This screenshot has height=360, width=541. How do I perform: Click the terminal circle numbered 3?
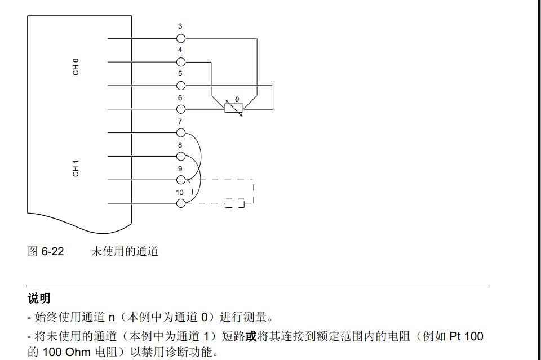point(181,38)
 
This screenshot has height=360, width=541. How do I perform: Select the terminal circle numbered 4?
point(181,62)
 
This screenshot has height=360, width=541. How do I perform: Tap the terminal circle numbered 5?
point(181,86)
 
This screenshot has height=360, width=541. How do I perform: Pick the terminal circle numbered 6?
point(181,109)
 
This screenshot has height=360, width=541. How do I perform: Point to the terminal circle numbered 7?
point(181,132)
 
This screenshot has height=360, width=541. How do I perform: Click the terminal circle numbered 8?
point(181,156)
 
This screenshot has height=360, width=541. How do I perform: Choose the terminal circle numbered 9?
point(181,180)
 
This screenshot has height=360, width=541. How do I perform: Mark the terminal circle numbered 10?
point(181,203)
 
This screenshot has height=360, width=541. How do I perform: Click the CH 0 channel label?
point(76,68)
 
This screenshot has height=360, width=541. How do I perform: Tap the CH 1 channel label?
point(76,168)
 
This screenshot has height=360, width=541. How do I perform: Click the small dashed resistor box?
point(234,203)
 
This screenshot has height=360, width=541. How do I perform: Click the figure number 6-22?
point(53,251)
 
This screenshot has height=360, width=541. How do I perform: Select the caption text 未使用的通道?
point(125,251)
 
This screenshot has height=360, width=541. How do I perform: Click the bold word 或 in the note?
point(251,337)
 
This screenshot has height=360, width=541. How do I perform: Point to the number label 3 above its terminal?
point(180,26)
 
